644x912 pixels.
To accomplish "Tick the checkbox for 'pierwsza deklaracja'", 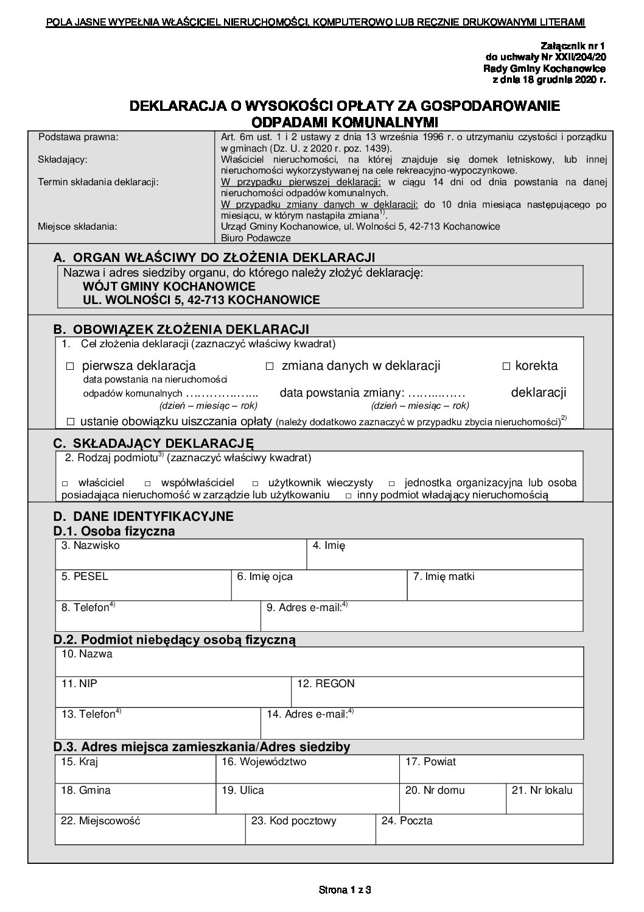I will [69, 367].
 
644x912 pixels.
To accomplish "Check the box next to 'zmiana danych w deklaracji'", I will [270, 367].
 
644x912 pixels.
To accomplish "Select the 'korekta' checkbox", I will [506, 367].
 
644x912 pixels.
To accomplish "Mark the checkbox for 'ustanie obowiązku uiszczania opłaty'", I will [71, 422].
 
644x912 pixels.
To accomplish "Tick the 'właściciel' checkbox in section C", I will [65, 483].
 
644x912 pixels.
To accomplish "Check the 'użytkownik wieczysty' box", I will [255, 483].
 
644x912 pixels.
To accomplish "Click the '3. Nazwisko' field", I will [180, 557].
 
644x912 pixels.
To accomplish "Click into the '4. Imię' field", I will [444, 557].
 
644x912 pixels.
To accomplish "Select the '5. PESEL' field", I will [143, 588].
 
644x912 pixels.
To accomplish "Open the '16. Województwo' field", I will [307, 772].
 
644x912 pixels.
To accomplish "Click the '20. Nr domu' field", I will [453, 801].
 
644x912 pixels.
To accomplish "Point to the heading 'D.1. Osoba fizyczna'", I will [114, 531].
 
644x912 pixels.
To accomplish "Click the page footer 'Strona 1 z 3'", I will [345, 889].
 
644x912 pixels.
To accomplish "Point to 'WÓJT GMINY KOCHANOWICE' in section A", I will [169, 286].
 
